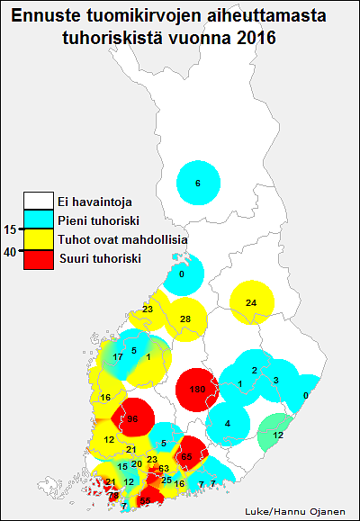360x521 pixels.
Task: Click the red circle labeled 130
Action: tap(197, 389)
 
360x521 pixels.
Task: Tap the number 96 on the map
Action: tap(131, 419)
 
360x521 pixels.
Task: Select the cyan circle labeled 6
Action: tap(198, 184)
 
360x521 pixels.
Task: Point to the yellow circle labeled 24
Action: tap(251, 302)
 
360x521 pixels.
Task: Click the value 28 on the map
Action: tap(185, 319)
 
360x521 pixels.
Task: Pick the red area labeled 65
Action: tap(186, 457)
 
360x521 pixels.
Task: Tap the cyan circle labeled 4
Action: tap(228, 423)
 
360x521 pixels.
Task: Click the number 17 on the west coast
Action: tap(118, 357)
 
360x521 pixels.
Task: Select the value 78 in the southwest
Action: tap(113, 495)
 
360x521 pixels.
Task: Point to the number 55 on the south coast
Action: tap(144, 501)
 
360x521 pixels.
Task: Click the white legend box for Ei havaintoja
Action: tap(39, 201)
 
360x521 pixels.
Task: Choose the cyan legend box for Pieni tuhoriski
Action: tap(39, 220)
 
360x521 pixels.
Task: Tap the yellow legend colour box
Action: tap(39, 239)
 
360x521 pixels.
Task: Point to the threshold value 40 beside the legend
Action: tap(10, 252)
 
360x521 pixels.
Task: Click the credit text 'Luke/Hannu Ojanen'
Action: tap(293, 511)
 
